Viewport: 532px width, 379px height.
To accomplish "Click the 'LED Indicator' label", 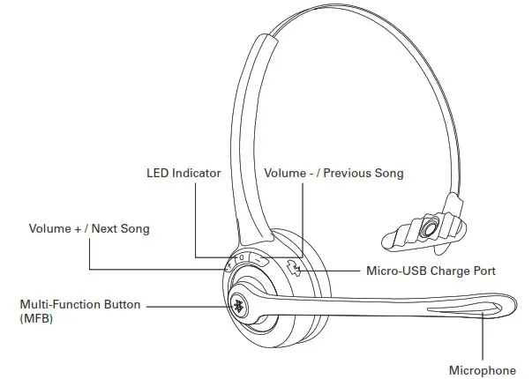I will pos(184,173).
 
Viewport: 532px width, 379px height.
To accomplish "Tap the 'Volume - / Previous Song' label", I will pos(333,173).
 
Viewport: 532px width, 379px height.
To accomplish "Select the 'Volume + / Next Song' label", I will pos(89,229).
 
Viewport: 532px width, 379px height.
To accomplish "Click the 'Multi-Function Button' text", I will pos(80,304).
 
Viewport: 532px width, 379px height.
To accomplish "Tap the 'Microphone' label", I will pos(483,370).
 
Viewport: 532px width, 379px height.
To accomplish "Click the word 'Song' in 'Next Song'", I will pos(134,229).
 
